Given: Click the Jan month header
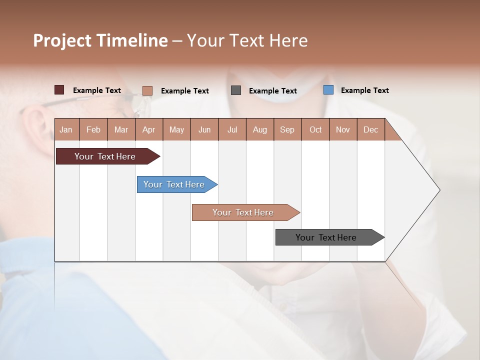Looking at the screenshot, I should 66,129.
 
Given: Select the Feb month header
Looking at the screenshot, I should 93,129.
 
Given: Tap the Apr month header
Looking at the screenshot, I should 148,129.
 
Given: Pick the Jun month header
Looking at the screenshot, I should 204,129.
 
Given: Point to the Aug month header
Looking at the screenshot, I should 259,129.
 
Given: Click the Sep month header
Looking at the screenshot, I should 287,129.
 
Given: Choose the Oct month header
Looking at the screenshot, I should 315,129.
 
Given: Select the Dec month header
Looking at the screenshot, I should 370,129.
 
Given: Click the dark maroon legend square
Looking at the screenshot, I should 59,90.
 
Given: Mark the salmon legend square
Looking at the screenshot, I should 147,90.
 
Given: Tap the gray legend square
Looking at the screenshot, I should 236,90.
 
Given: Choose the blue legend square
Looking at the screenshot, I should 328,90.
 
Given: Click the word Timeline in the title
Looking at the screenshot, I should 131,40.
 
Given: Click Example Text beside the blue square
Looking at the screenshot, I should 364,90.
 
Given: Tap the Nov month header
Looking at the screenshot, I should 343,129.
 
